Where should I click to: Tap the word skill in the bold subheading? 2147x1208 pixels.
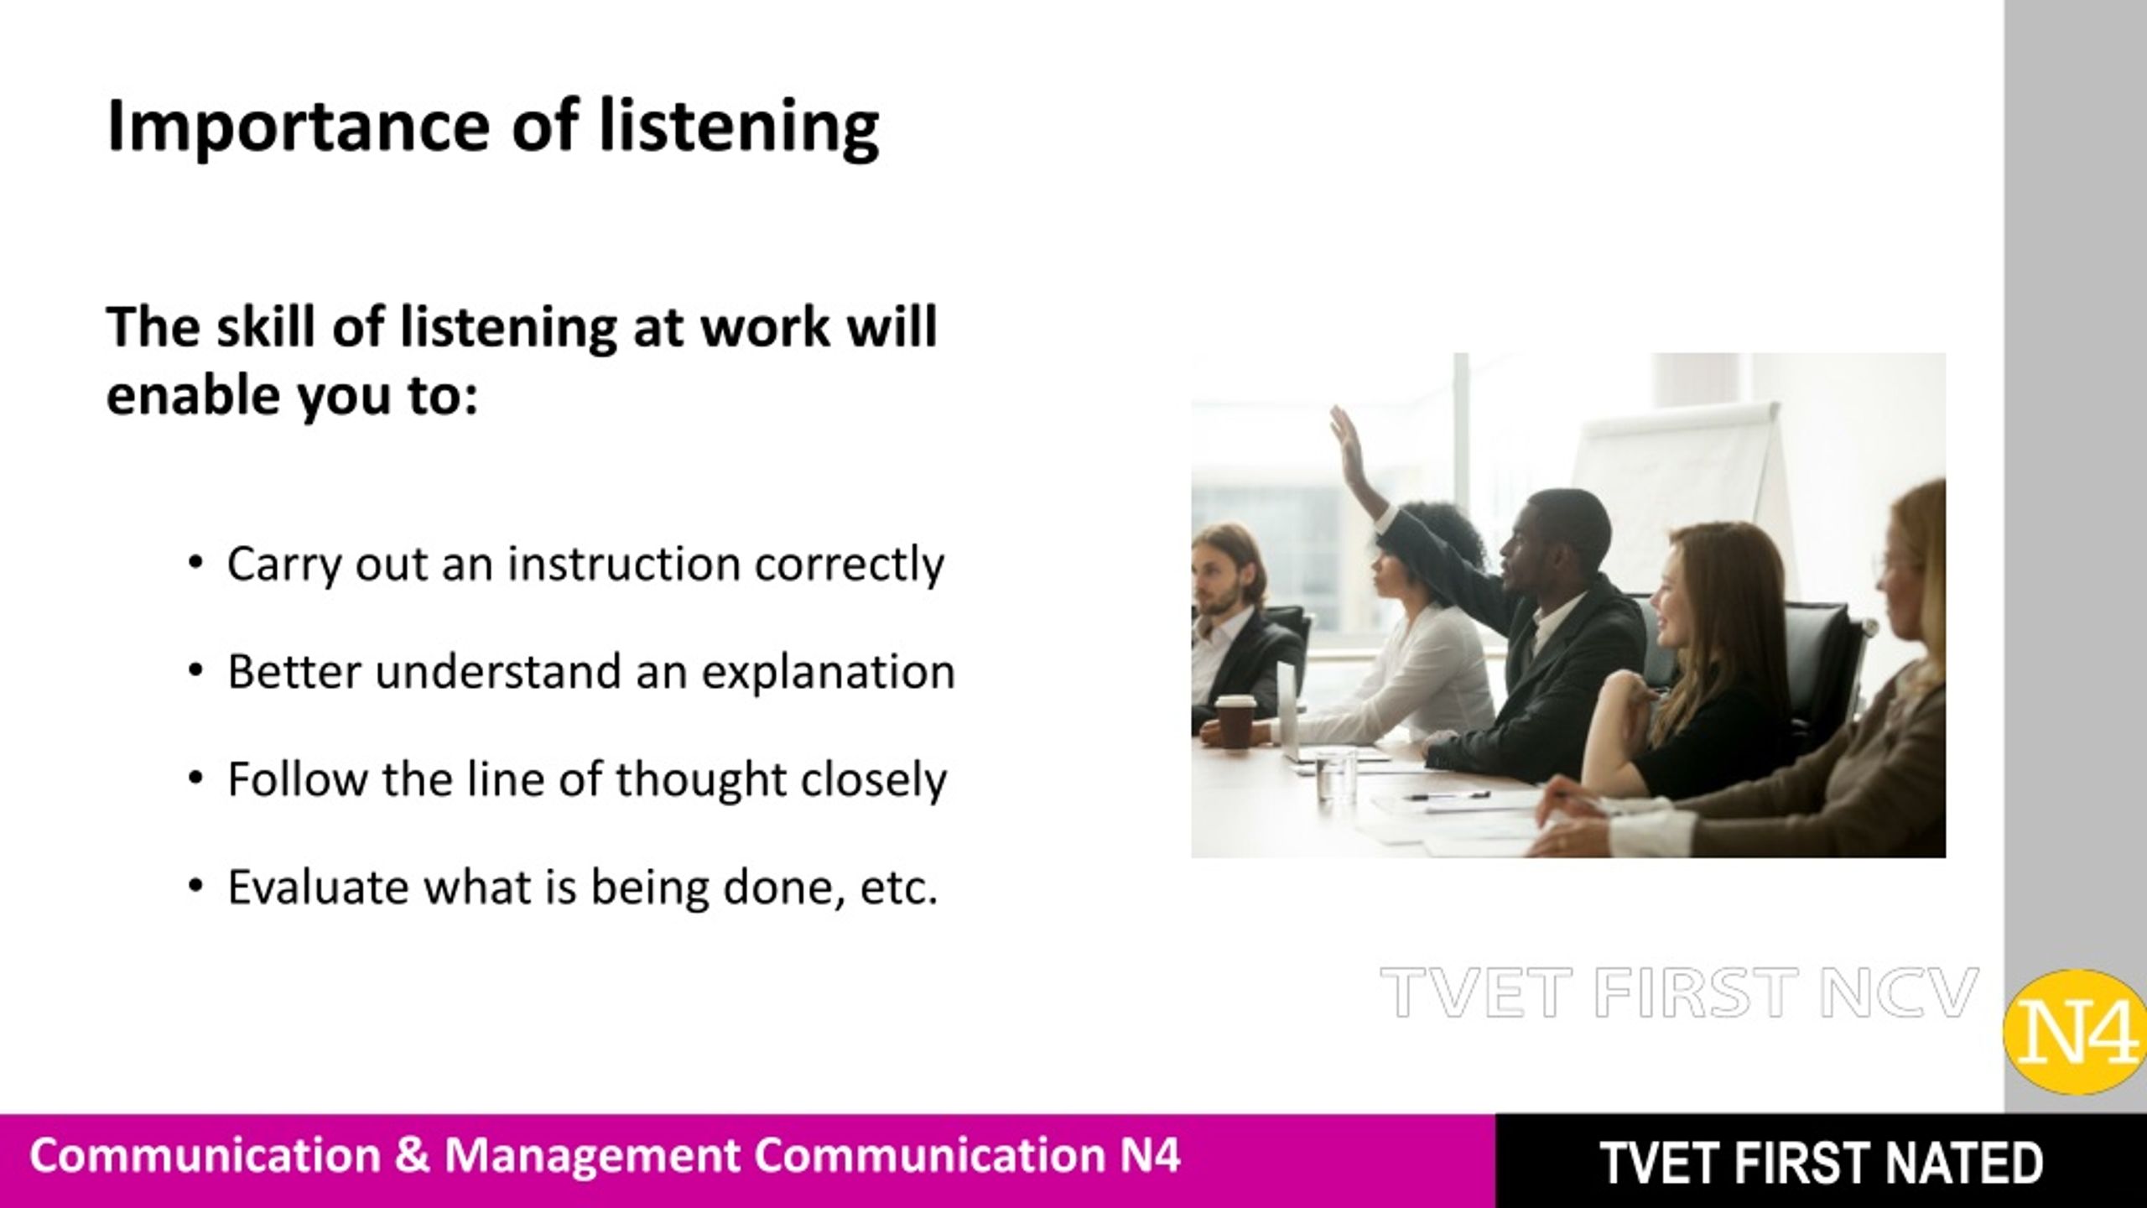coord(266,326)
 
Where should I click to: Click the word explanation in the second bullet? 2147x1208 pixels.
coord(828,672)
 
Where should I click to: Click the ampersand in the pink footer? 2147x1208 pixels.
coord(412,1155)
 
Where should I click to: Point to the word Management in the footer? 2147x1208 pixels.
coord(590,1158)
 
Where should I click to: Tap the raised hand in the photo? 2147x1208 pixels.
coord(1347,440)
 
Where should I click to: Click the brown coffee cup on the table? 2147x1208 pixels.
coord(1235,721)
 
